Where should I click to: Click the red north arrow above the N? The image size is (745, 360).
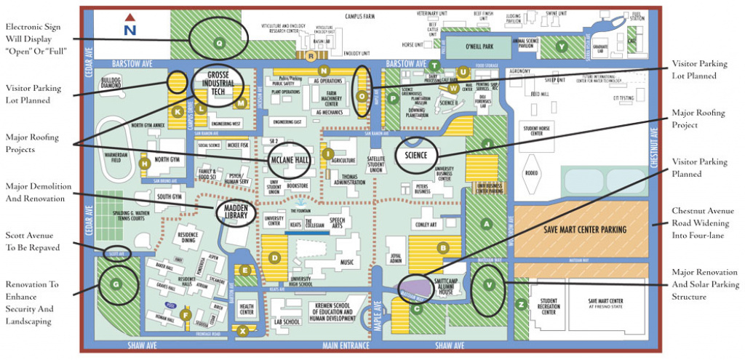coord(130,17)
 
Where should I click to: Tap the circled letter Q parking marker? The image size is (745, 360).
coord(219,42)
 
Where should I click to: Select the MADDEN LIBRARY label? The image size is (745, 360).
coord(236,210)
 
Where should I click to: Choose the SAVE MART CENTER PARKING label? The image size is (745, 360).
coord(584,229)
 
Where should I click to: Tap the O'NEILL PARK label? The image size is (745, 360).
coord(479,47)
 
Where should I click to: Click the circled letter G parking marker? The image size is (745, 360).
coord(115,284)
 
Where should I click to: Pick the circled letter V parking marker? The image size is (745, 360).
coord(487,284)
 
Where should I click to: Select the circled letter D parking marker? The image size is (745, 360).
coord(275,257)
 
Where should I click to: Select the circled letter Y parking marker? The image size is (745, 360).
coord(561,47)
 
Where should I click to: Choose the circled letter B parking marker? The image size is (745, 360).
coord(442,248)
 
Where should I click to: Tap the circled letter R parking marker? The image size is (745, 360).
coord(311,55)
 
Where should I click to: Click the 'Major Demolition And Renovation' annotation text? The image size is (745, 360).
coord(37,191)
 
